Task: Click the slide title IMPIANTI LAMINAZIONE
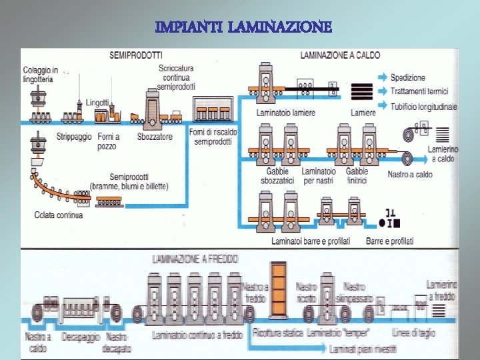[243, 27]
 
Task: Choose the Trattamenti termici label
[419, 91]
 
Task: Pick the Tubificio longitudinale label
[424, 106]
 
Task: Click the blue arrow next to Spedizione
[382, 77]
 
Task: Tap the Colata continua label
[59, 215]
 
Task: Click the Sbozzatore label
[154, 137]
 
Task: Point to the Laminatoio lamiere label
[286, 113]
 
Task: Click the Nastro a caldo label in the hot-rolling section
[410, 175]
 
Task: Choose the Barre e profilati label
[389, 241]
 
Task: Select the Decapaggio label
[81, 337]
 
